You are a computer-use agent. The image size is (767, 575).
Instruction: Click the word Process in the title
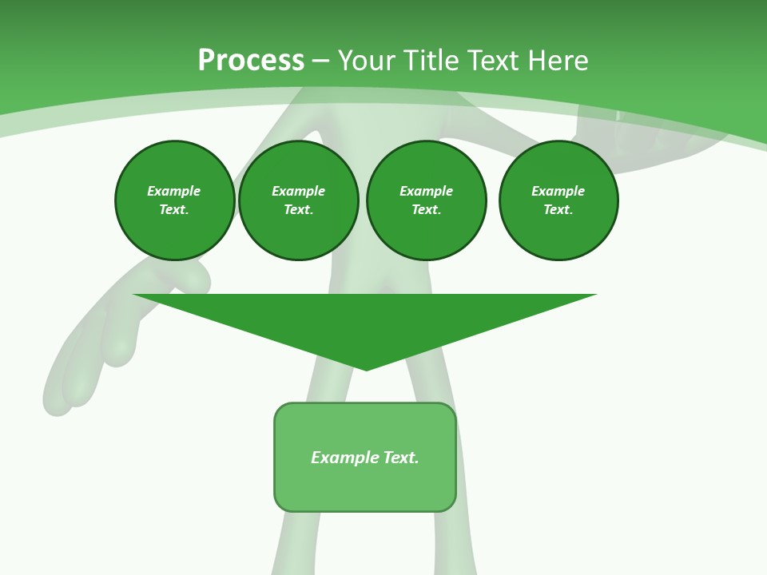point(251,61)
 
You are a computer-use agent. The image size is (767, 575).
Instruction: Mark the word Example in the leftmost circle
point(174,191)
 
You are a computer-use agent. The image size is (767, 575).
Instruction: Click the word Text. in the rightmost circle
point(558,209)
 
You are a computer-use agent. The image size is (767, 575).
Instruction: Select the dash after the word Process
point(320,61)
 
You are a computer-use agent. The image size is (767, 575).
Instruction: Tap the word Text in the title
point(492,61)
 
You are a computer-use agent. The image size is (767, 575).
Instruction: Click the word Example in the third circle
point(426,191)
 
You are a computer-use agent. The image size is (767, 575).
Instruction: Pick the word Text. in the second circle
point(298,209)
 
